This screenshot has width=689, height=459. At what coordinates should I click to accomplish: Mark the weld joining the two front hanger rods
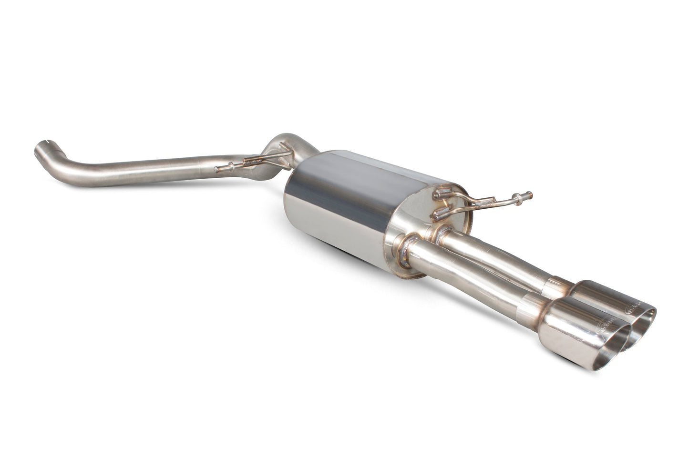(x=255, y=162)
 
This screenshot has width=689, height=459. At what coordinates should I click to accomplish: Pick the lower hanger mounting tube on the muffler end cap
(x=436, y=215)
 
